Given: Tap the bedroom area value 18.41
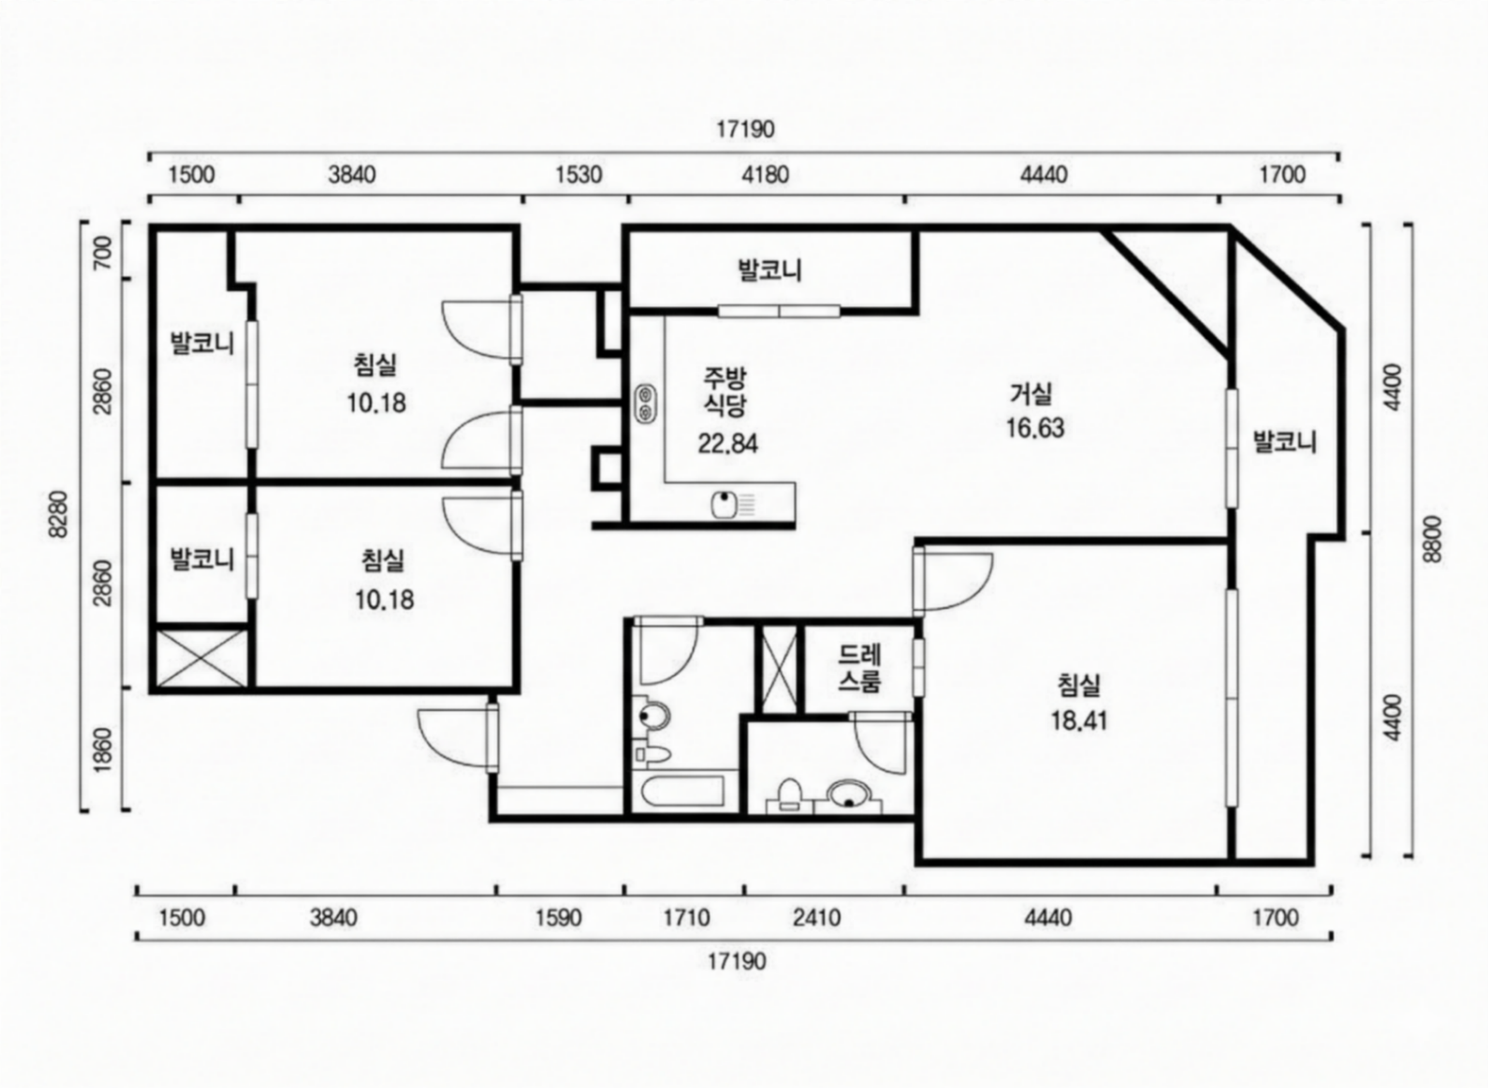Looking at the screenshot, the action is click(1079, 720).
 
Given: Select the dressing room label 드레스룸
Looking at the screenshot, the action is click(859, 668).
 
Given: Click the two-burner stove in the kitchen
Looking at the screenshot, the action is click(645, 403).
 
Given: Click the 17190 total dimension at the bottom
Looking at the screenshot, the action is click(737, 962).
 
